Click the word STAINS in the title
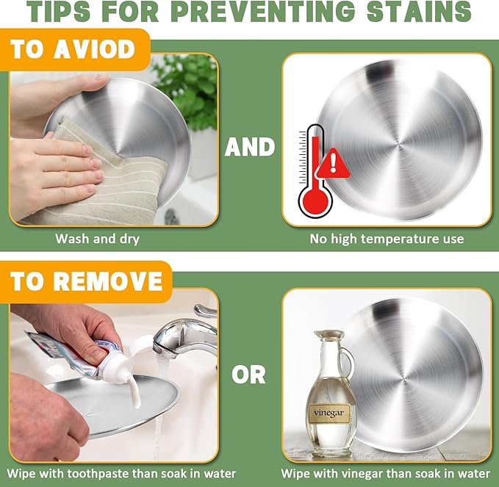(419, 12)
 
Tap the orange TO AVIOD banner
(74, 49)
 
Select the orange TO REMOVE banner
(86, 281)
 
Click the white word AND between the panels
(250, 147)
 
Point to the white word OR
(248, 375)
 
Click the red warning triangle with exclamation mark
(333, 164)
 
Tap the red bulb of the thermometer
(315, 201)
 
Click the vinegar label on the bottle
(329, 413)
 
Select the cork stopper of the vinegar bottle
(329, 334)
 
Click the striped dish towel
(105, 178)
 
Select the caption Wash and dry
(98, 239)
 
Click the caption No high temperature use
(387, 239)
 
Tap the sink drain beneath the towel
(173, 217)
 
